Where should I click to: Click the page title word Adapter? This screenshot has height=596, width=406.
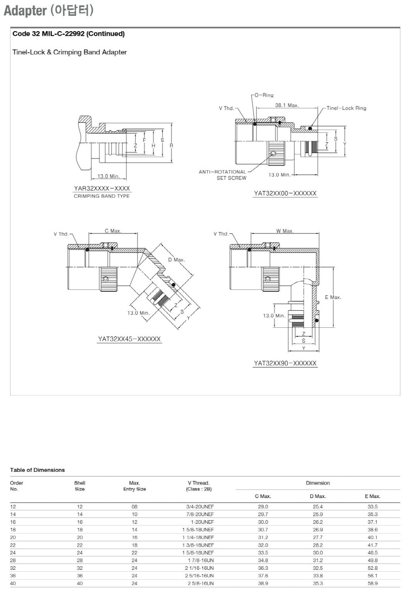25,11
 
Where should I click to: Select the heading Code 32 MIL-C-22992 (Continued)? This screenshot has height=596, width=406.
69,34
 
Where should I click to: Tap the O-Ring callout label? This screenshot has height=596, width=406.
264,95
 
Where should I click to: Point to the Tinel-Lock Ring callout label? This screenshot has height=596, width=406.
346,108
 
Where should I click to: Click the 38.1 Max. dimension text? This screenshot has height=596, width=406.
287,105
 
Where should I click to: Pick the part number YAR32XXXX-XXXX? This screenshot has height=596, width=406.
102,188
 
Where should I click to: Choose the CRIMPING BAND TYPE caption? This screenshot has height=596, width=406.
102,196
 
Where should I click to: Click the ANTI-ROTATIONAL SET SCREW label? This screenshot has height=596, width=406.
223,175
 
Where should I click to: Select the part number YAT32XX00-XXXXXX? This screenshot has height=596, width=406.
285,193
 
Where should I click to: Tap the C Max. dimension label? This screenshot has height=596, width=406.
113,231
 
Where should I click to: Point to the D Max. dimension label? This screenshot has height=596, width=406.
176,260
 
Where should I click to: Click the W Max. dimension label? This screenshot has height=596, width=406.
285,231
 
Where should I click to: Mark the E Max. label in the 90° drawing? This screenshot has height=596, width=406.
333,297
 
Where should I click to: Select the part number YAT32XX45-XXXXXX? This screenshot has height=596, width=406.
129,339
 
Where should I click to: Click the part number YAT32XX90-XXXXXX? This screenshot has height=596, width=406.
285,363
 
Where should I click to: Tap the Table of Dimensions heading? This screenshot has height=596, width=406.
37,470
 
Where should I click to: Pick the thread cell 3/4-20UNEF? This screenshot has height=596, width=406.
200,507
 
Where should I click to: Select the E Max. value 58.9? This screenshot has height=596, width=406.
373,583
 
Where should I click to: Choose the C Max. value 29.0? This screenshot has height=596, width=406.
263,507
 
